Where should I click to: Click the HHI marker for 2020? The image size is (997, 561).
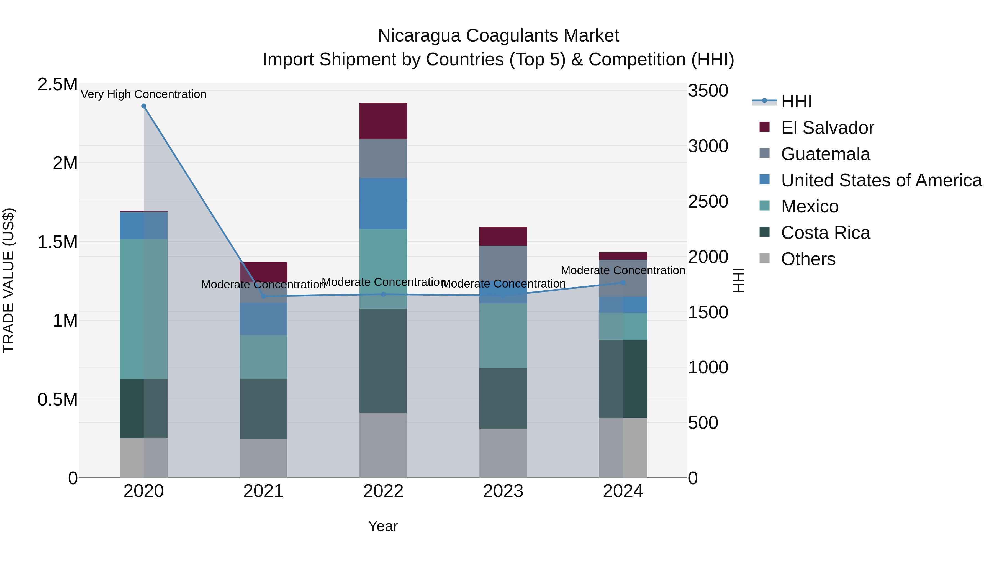(x=143, y=106)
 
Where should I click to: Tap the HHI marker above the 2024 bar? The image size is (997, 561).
(x=623, y=283)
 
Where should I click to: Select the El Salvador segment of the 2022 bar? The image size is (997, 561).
(x=383, y=121)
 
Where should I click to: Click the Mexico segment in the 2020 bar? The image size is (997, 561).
(x=143, y=309)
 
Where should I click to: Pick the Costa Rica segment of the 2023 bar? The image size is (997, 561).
(x=503, y=398)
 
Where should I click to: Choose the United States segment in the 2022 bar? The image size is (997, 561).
(x=383, y=204)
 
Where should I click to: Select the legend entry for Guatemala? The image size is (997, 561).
(x=825, y=154)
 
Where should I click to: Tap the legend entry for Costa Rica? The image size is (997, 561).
(x=825, y=233)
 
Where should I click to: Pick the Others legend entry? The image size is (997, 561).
(x=808, y=259)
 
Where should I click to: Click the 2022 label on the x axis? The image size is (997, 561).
(x=383, y=491)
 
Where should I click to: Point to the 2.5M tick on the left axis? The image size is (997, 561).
(x=57, y=84)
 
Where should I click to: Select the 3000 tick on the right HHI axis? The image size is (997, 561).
(x=708, y=146)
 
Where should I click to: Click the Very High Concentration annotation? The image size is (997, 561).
(x=143, y=94)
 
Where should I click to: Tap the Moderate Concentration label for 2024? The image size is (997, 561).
(x=623, y=270)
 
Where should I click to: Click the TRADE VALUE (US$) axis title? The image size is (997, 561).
(x=9, y=280)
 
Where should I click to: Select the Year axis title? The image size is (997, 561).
(x=383, y=526)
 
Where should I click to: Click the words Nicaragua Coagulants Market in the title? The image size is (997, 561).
(x=498, y=36)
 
